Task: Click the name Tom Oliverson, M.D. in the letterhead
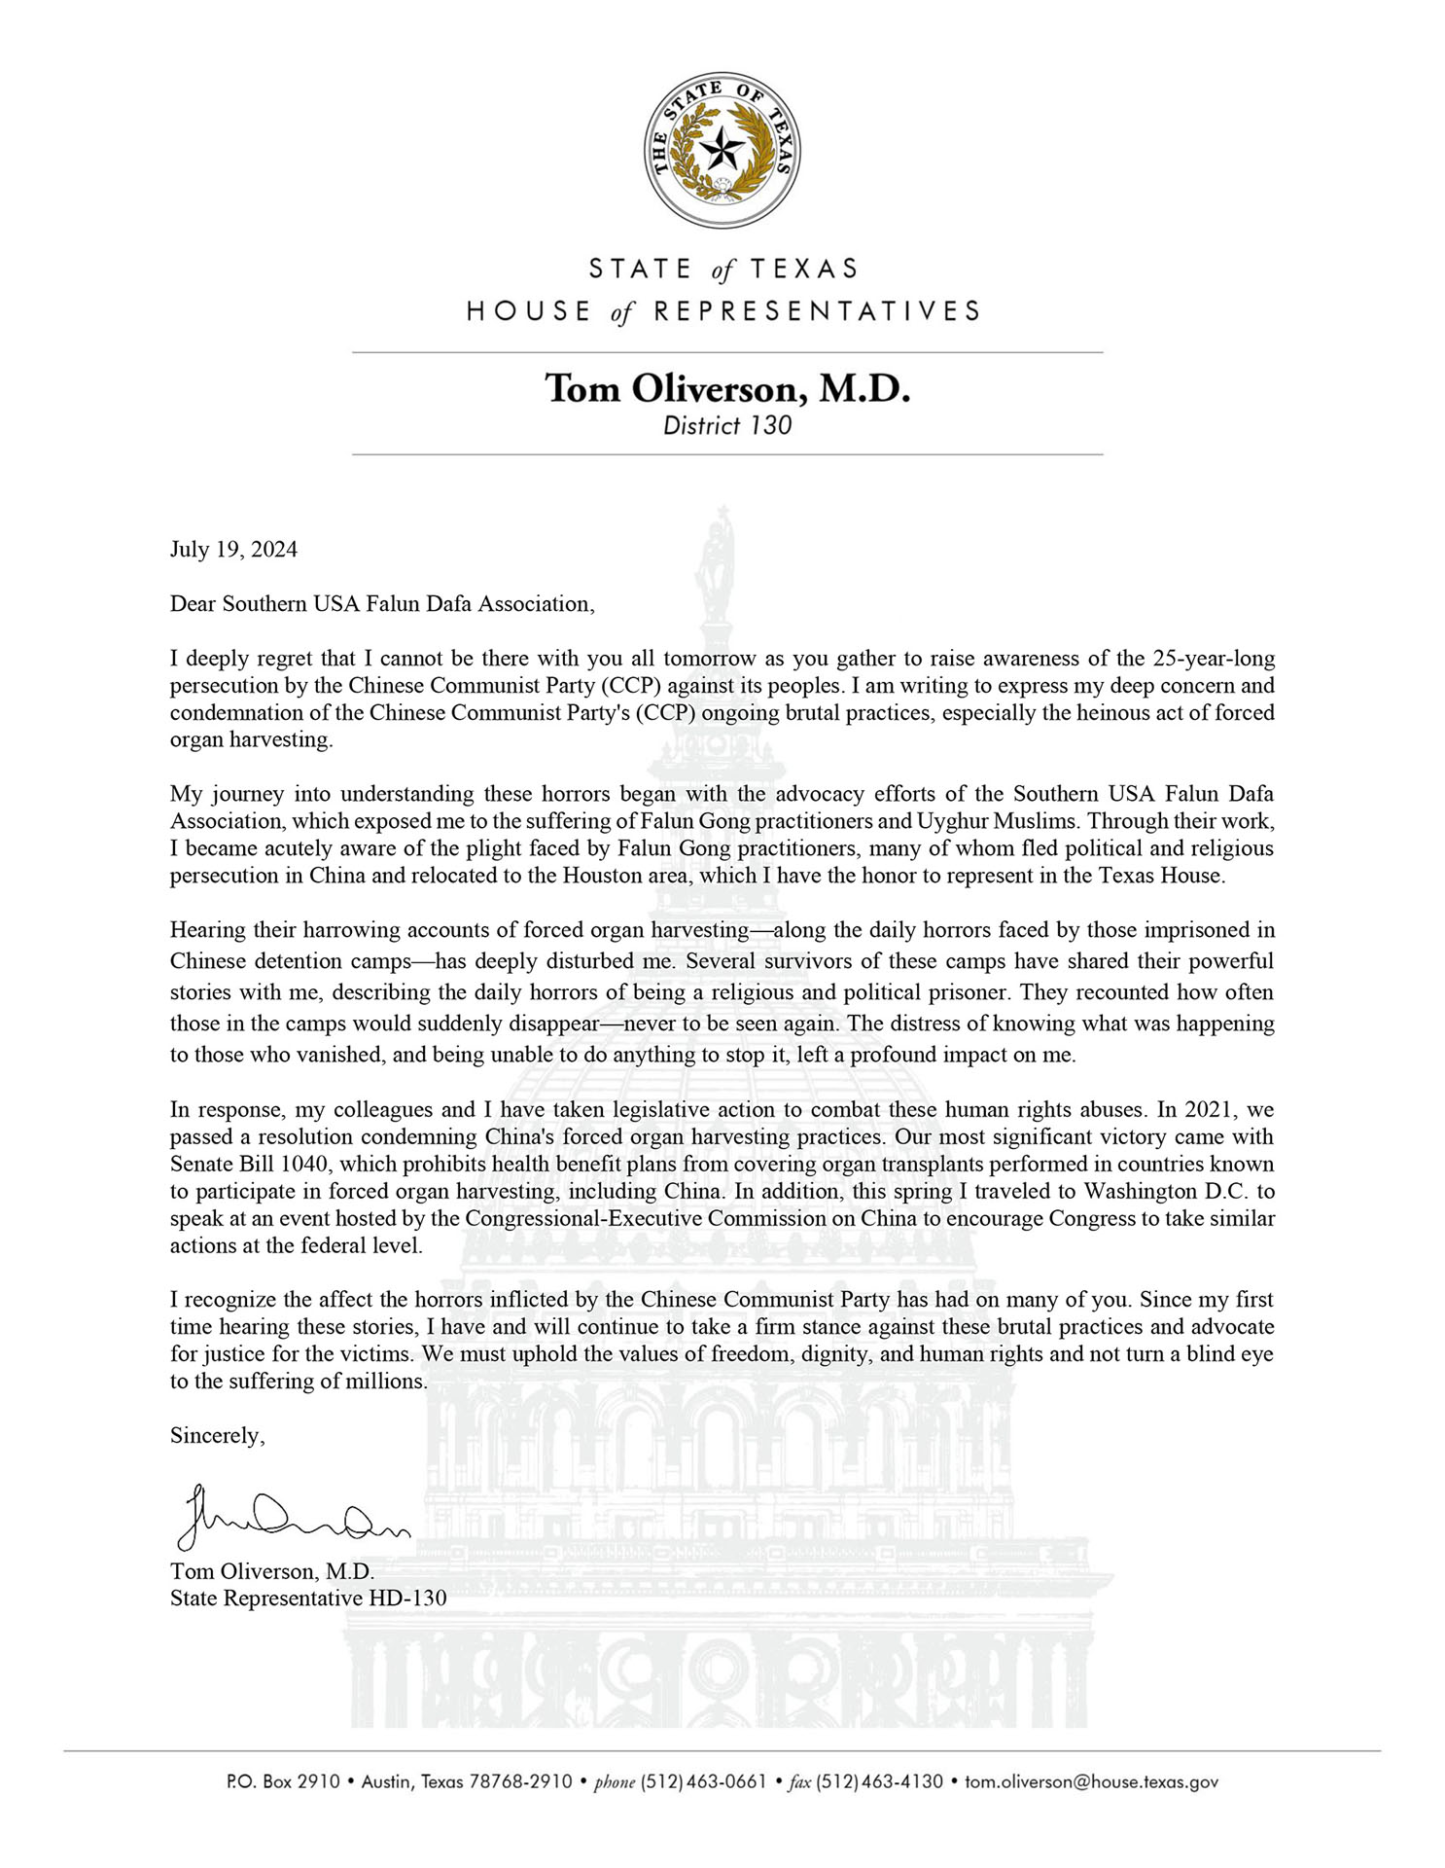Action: (x=726, y=388)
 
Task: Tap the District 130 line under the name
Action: (x=726, y=425)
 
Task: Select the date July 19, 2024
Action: (x=233, y=550)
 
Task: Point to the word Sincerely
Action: (x=217, y=1435)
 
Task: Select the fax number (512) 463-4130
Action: (x=879, y=1782)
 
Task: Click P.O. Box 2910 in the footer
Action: (x=283, y=1782)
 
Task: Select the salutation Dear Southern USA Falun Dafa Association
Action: (x=381, y=604)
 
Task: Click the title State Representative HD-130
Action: (x=308, y=1598)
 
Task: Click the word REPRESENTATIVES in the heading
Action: (x=815, y=311)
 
